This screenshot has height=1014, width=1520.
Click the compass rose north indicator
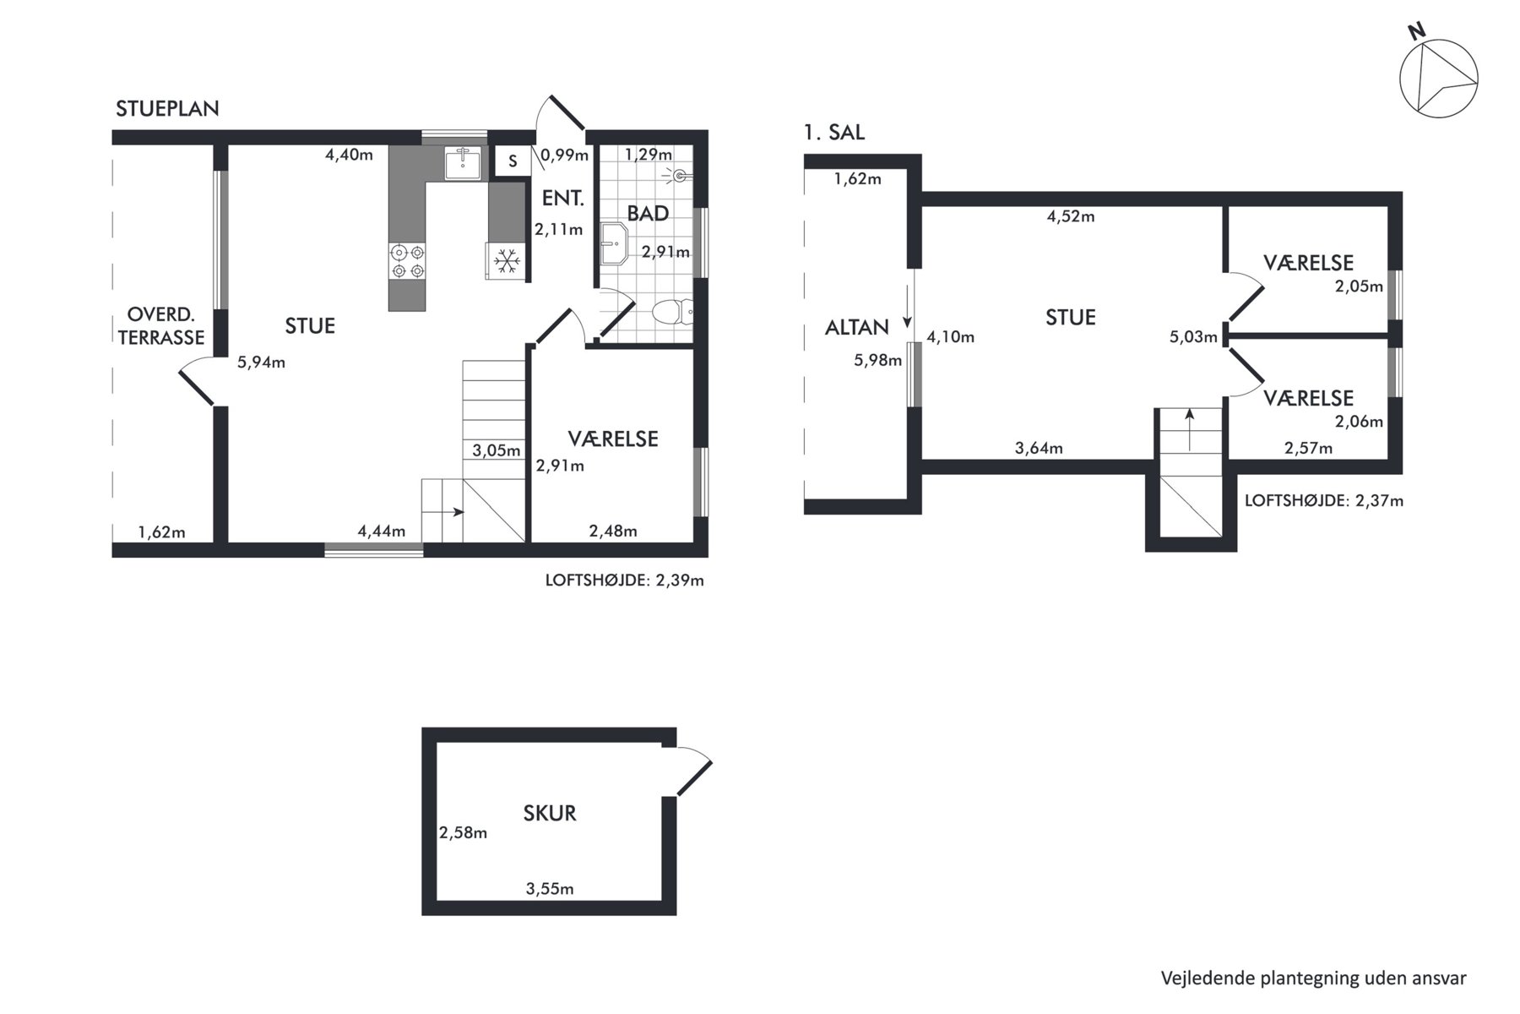tap(1438, 77)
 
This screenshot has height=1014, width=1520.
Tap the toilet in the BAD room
tap(675, 313)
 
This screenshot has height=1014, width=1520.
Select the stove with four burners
tap(406, 261)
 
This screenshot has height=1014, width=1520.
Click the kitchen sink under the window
tap(462, 162)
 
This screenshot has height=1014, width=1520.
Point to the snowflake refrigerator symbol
tap(506, 261)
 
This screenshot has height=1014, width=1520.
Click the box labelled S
tap(513, 161)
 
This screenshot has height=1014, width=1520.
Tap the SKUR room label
tap(550, 813)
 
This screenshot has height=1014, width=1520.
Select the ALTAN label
tap(857, 327)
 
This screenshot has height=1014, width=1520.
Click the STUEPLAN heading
tap(167, 108)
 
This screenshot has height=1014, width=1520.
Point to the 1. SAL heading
tap(834, 132)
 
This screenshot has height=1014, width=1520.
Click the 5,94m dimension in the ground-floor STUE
tap(261, 363)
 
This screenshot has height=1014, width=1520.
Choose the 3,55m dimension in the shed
tap(550, 888)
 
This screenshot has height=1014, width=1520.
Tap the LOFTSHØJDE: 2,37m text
tap(1324, 500)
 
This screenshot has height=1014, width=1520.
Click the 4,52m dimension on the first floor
tap(1071, 216)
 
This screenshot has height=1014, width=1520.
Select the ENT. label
tap(563, 199)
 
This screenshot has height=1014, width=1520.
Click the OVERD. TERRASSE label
tap(161, 326)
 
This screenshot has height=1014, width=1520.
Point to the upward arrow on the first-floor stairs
tap(1190, 429)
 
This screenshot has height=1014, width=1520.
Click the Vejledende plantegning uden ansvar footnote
tap(1314, 978)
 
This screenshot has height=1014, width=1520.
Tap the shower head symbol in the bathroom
tap(678, 176)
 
